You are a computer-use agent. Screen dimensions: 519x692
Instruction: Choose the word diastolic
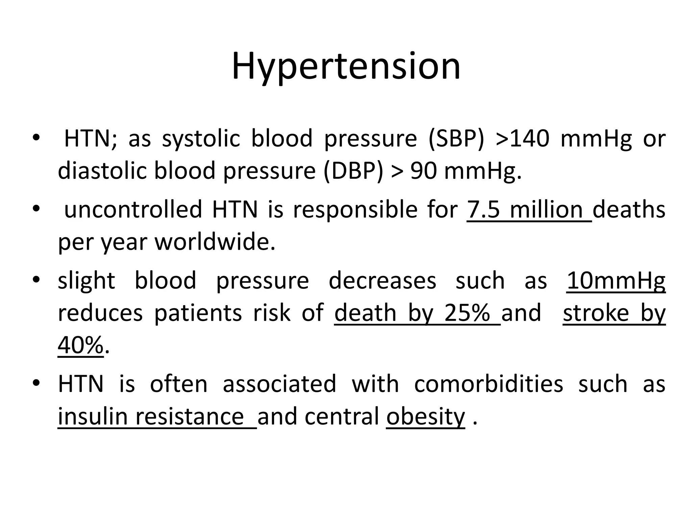102,171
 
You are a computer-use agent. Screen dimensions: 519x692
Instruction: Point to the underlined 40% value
80,345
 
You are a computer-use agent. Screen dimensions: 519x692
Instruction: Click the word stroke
596,313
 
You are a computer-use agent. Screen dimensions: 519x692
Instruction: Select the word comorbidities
489,384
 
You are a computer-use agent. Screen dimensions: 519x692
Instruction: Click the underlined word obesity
425,416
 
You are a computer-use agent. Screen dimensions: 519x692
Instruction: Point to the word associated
279,384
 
